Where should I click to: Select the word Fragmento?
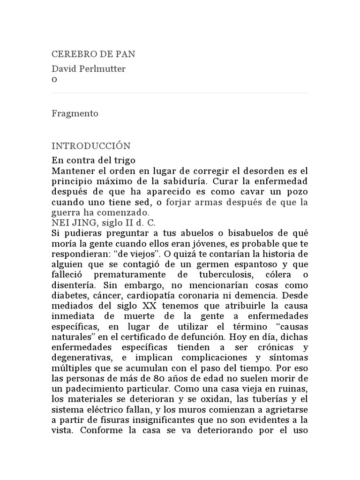(75, 114)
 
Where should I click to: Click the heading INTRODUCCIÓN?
(91, 146)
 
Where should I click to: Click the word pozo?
(297, 191)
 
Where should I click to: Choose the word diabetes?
(69, 295)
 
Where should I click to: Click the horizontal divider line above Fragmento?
(180, 93)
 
